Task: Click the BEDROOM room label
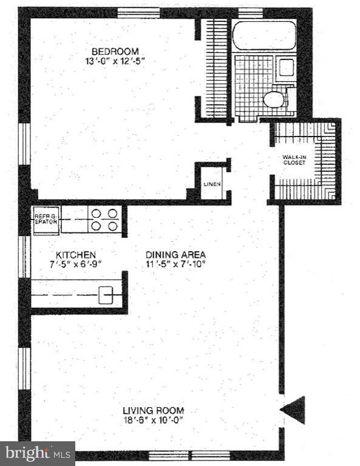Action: click(x=115, y=51)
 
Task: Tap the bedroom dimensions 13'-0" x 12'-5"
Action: click(x=115, y=61)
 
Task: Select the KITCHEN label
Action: click(x=76, y=255)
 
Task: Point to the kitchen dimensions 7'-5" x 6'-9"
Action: click(x=76, y=265)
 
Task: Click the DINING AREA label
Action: click(x=175, y=255)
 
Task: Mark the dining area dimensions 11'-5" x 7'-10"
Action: click(x=175, y=265)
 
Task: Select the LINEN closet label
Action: click(x=212, y=184)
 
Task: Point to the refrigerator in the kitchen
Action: click(x=45, y=218)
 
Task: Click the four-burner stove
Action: click(x=104, y=219)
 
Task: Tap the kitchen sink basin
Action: click(x=107, y=294)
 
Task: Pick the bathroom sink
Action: click(x=286, y=67)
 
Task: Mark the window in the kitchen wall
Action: click(x=24, y=256)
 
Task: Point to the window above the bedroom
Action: click(x=138, y=12)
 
